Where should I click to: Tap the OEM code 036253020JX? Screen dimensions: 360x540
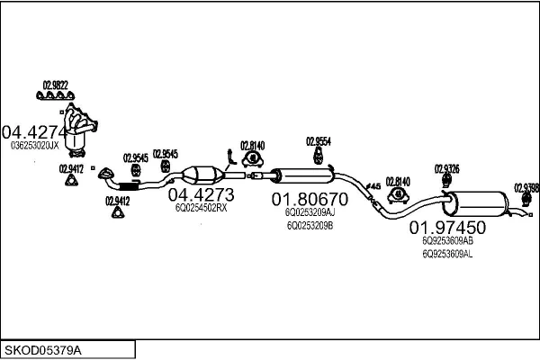[35, 144]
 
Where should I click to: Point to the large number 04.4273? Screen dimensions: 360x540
[202, 194]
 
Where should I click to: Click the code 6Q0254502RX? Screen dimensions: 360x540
[201, 208]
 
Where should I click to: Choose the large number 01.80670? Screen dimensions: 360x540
[309, 199]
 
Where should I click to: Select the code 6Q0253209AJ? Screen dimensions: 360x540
[309, 212]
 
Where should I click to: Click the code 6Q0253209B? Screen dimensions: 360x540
[309, 226]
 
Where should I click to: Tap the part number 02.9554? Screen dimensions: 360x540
[319, 141]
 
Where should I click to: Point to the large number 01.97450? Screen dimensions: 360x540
[447, 227]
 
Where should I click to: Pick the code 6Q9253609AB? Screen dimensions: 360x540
[447, 241]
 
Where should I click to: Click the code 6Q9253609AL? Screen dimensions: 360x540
[447, 255]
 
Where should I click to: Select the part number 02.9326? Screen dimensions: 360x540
[446, 168]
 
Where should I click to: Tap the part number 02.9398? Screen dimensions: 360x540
[526, 187]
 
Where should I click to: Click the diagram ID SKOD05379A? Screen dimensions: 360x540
[43, 348]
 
